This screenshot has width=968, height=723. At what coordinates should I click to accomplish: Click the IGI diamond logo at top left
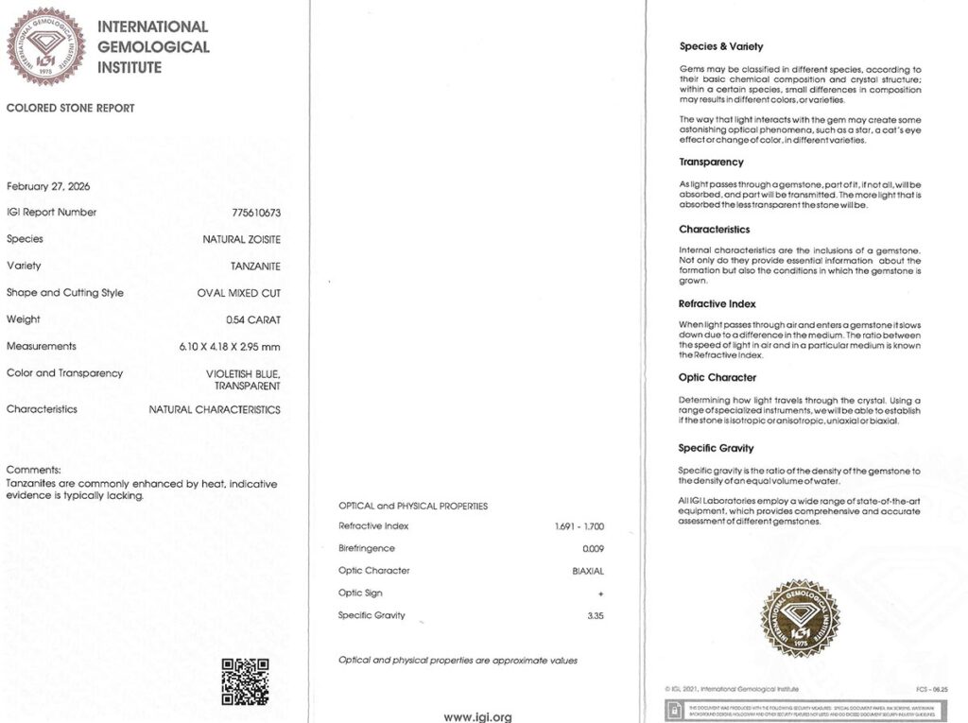point(45,46)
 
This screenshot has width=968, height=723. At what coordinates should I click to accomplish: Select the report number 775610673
point(256,213)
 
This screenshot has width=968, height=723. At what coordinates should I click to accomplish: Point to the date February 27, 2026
point(48,186)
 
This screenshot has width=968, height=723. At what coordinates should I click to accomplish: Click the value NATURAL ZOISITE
point(241,240)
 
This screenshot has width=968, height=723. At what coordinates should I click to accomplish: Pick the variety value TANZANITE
point(255,267)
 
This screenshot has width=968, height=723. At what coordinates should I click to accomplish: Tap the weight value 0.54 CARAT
point(253,319)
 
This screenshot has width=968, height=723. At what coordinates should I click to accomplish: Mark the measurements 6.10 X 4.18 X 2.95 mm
point(230,347)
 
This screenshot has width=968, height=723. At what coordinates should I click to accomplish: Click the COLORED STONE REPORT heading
point(71,109)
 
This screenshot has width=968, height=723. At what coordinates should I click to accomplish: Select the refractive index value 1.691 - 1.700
point(579,526)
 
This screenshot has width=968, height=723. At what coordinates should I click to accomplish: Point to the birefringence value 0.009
point(593,549)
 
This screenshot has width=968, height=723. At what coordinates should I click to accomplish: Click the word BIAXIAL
point(588,571)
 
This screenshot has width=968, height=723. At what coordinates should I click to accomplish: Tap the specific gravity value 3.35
point(596,615)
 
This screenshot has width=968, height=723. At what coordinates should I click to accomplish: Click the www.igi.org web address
point(477,716)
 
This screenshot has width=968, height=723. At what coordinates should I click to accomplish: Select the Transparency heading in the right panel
point(711,163)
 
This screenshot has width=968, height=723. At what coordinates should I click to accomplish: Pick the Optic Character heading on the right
point(717,378)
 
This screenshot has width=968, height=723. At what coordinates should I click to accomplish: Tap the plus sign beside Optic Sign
point(600,594)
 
